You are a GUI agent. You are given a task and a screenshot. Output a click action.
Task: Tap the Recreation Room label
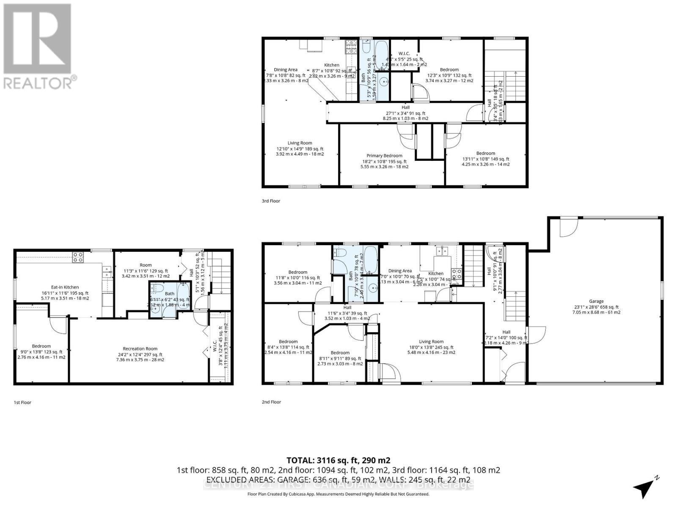click(x=140, y=349)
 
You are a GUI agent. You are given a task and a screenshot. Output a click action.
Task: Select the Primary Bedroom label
click(x=384, y=156)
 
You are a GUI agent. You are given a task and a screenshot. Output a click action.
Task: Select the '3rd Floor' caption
click(x=271, y=201)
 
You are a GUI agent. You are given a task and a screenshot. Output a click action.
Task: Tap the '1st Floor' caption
click(x=22, y=403)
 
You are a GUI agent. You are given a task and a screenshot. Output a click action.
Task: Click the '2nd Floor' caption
click(x=271, y=402)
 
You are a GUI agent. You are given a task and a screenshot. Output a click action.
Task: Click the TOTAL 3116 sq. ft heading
click(x=338, y=460)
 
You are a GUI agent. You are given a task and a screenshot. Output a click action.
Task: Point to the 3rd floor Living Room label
click(x=300, y=143)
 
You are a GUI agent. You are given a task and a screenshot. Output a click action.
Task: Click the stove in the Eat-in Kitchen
click(x=78, y=257)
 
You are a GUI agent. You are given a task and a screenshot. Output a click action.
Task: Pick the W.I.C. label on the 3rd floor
click(x=404, y=54)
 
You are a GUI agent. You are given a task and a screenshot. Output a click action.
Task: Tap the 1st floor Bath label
click(x=169, y=293)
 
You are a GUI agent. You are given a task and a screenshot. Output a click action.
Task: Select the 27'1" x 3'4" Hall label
click(x=405, y=108)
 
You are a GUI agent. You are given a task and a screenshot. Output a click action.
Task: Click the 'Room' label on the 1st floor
click(x=146, y=265)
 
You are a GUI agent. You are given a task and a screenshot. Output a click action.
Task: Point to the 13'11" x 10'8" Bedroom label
click(x=485, y=153)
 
